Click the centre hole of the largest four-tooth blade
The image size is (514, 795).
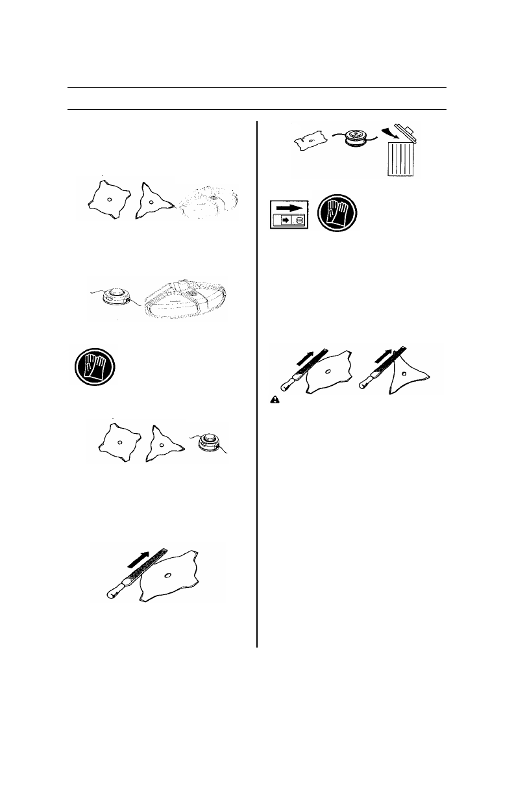pos(168,575)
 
